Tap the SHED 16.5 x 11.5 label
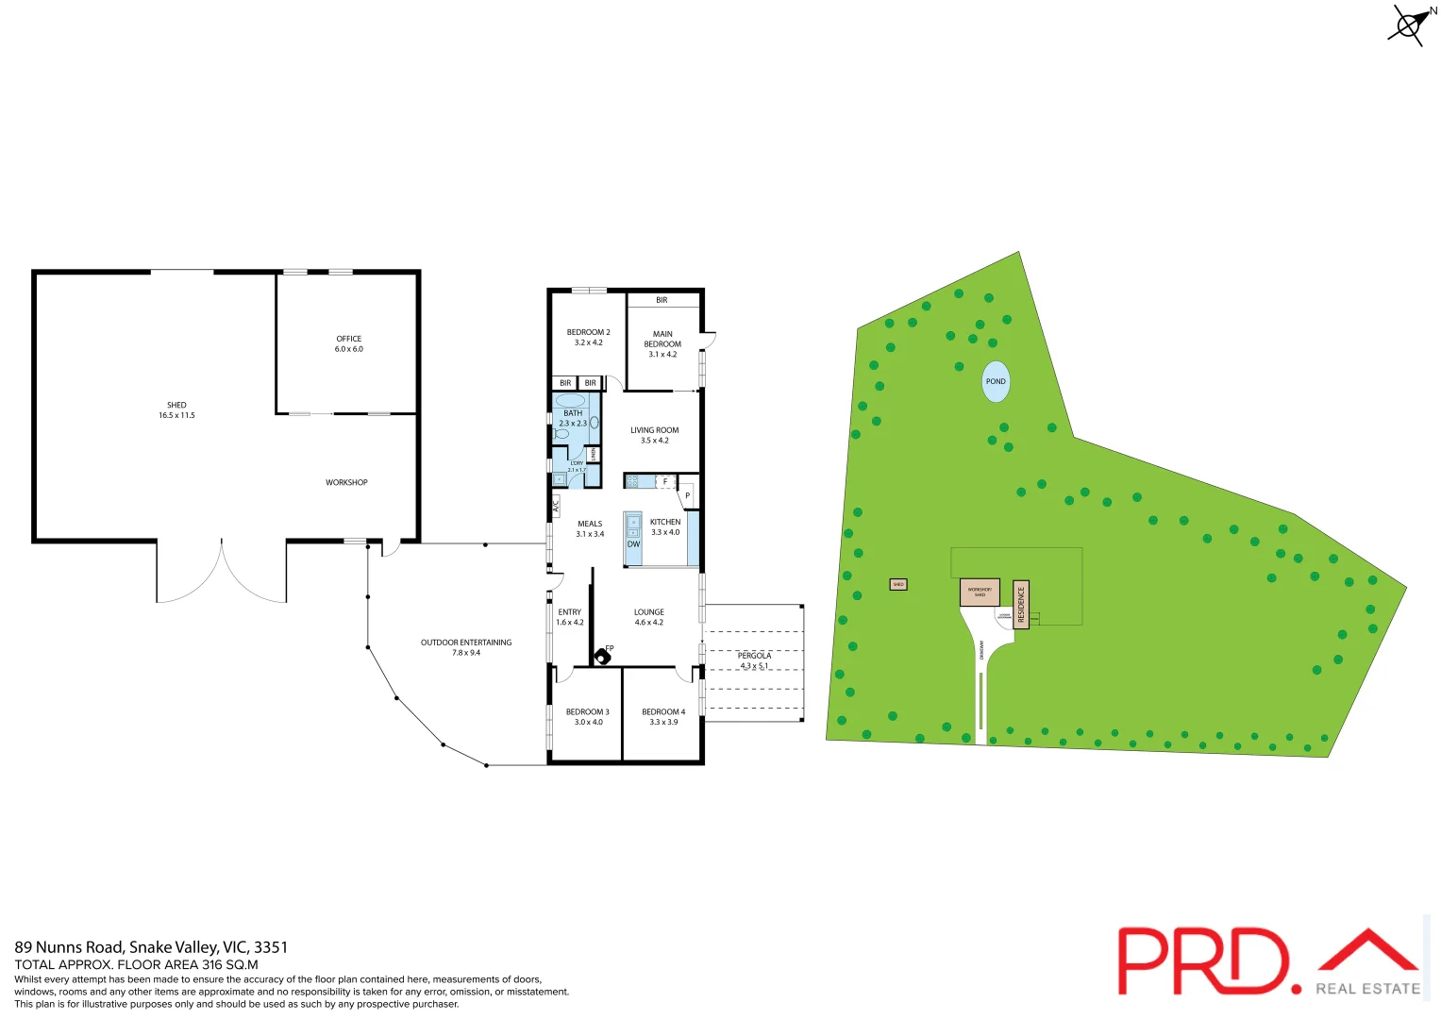point(176,410)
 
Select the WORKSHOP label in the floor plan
point(346,482)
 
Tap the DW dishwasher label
point(633,544)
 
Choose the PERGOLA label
point(754,656)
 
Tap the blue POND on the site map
point(996,381)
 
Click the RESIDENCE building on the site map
point(1020,604)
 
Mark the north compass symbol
point(1409,25)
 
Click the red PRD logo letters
point(1202,961)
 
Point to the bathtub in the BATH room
point(570,400)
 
